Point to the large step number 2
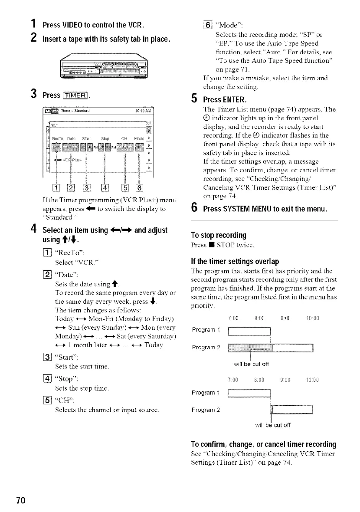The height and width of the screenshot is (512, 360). coord(33,40)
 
